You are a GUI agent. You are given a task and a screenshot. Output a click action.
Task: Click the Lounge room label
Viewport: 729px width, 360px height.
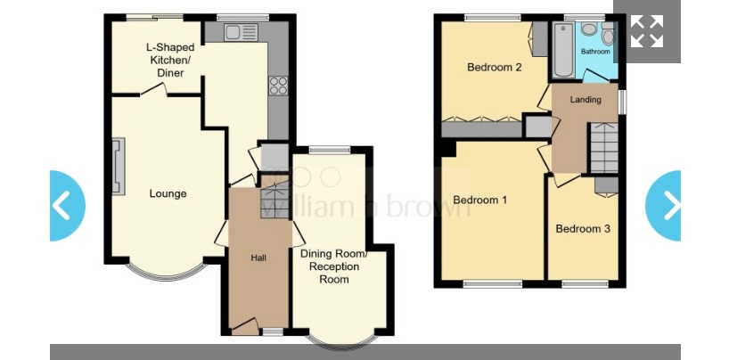(168, 194)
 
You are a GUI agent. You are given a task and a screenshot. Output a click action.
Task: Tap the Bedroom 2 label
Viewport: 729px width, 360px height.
(495, 68)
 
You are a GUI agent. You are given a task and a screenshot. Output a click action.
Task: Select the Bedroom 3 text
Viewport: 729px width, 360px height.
(583, 229)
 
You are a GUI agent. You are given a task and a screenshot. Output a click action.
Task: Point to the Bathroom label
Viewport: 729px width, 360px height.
(595, 52)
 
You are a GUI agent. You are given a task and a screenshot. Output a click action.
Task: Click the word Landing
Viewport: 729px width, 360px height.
(586, 100)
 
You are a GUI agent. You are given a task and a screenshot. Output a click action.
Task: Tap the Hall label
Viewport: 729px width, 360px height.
(258, 258)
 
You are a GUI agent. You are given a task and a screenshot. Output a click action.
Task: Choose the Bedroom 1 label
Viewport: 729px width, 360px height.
(479, 200)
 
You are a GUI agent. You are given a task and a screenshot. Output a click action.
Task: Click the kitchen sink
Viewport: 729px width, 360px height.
(241, 33)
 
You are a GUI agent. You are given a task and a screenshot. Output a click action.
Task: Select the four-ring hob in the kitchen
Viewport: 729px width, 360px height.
(278, 86)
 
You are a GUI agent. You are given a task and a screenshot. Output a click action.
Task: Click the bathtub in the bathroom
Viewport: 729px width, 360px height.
(564, 50)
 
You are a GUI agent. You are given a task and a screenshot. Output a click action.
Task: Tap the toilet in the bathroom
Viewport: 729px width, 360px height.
(607, 33)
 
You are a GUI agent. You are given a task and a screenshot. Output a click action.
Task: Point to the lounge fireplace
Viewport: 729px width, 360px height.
(119, 166)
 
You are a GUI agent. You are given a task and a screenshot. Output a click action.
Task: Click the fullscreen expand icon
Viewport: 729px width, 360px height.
(647, 31)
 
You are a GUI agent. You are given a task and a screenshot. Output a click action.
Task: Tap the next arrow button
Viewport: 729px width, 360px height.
(664, 206)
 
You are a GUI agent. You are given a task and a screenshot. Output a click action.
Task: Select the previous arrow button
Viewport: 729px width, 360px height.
(68, 206)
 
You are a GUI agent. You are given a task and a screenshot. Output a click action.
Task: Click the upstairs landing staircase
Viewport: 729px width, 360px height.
(604, 148)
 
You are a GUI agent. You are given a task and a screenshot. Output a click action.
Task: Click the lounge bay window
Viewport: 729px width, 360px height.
(166, 272)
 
